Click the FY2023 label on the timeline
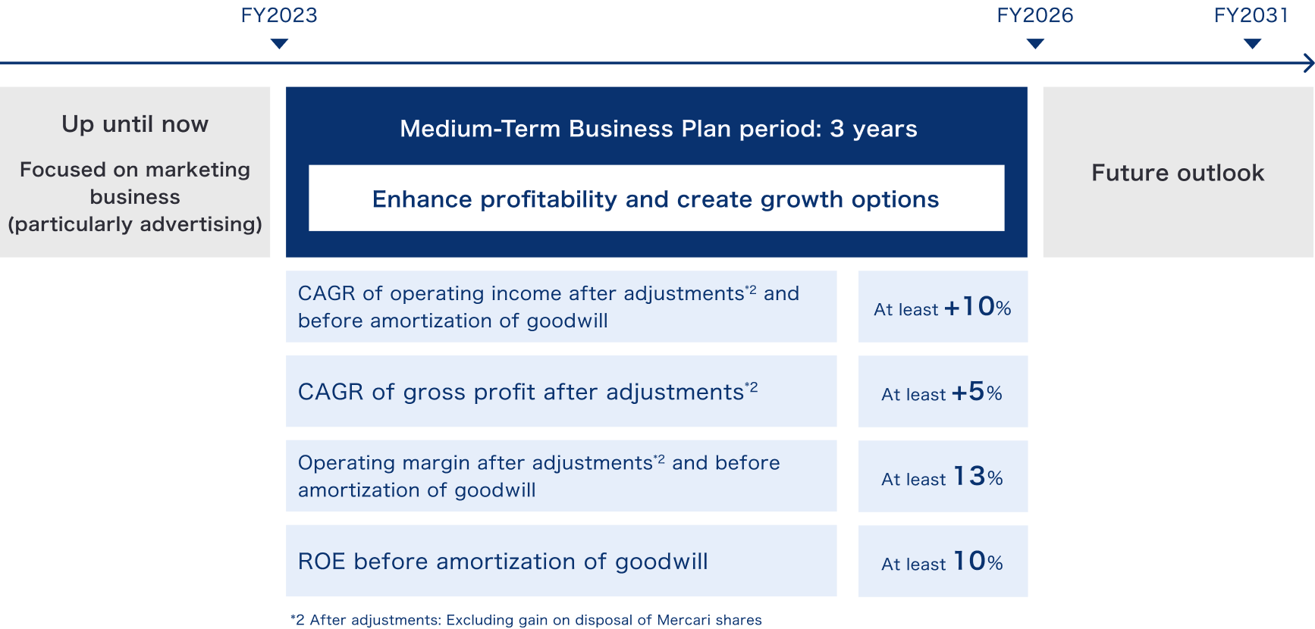coord(279,15)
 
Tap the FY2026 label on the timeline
coord(1035,15)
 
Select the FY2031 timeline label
coord(1251,15)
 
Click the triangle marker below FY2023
coord(279,44)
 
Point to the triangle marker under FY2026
coord(1035,44)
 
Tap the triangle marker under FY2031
coord(1253,44)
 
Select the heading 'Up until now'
coord(135,124)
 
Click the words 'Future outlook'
coord(1178,173)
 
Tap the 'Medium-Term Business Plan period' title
coord(610,129)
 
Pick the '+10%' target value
coord(977,307)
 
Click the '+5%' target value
coord(977,392)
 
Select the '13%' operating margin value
coord(978,477)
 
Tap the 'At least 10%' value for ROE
coord(942,562)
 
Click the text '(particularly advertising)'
coord(135,224)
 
